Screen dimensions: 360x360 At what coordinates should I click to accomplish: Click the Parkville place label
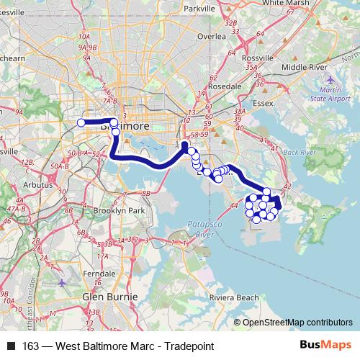199,9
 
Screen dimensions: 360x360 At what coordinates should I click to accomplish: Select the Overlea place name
212,35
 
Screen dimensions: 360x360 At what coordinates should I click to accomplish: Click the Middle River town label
304,67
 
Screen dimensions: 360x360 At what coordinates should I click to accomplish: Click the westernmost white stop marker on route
81,122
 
